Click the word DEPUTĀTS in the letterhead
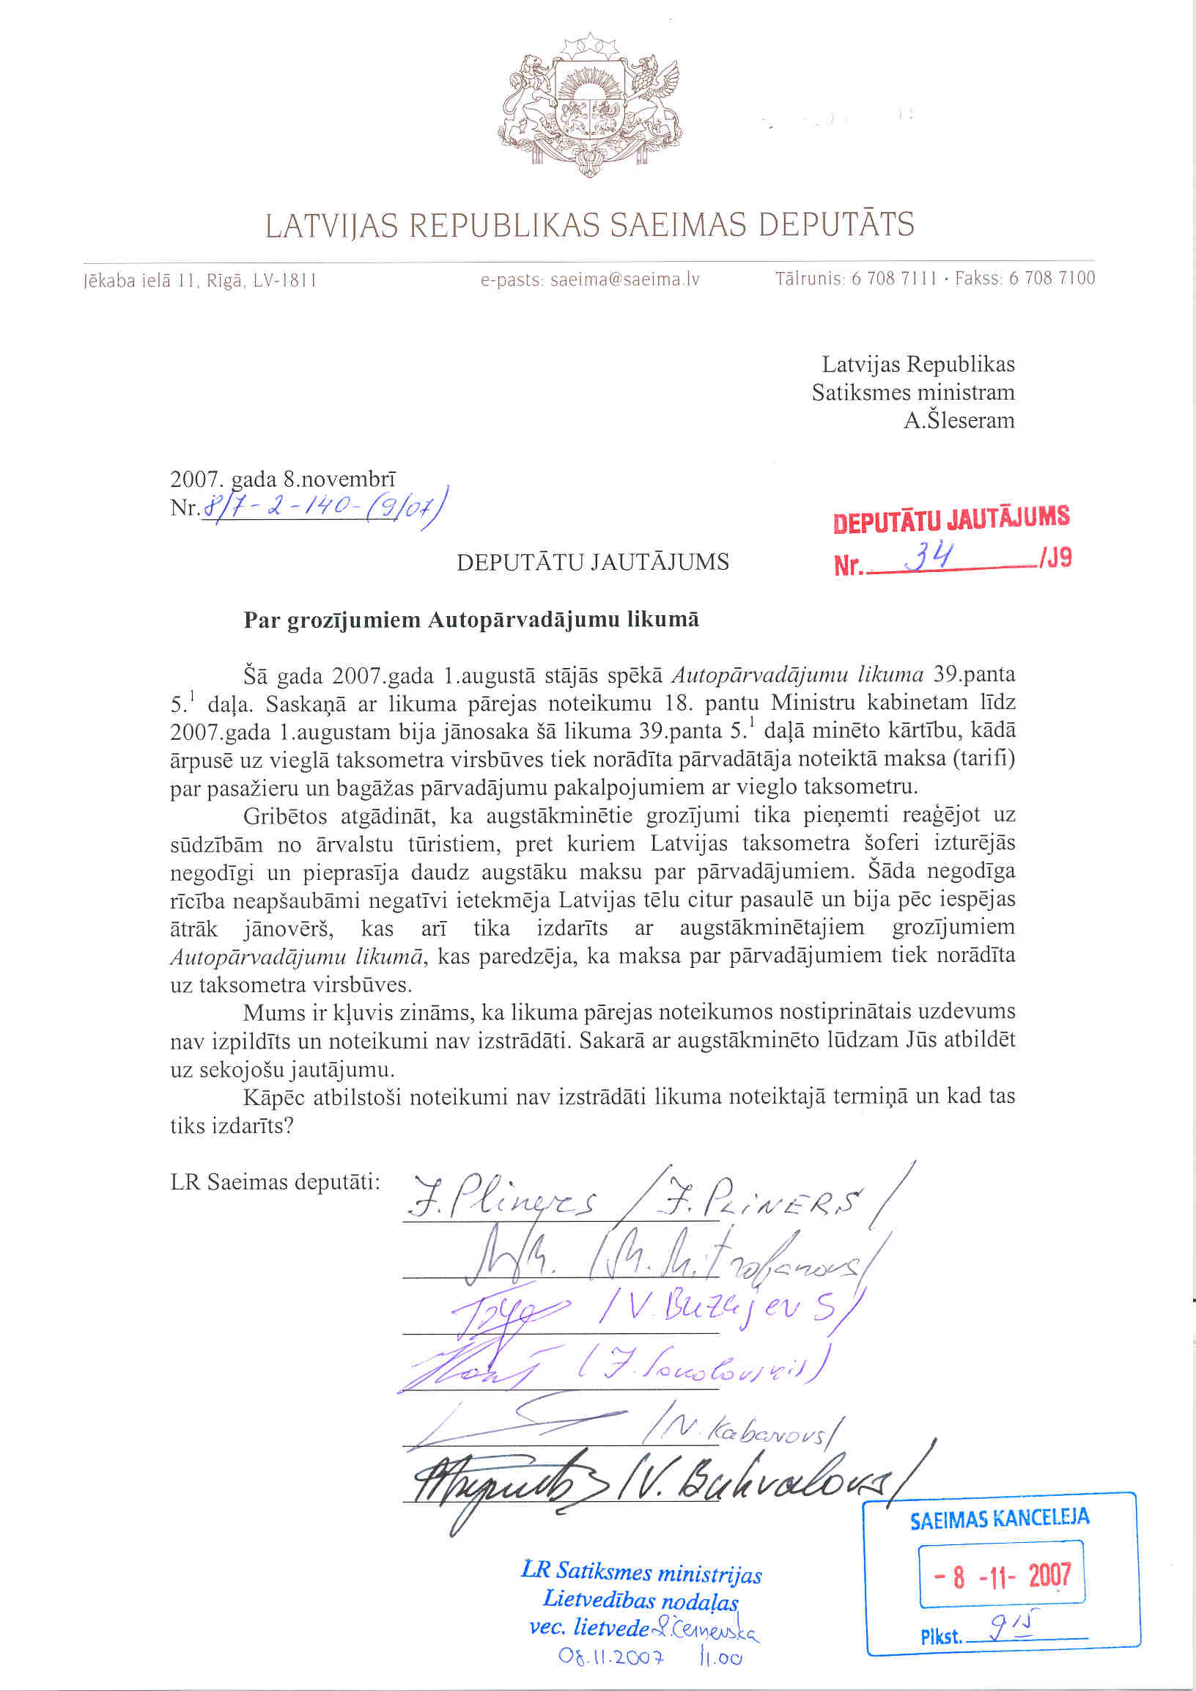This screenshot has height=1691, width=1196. click(x=837, y=224)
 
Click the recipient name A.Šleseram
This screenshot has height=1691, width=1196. click(x=959, y=421)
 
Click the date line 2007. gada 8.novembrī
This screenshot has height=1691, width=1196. click(x=283, y=480)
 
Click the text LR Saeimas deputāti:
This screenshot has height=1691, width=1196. click(x=275, y=1183)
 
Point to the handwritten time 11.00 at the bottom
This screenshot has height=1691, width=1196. click(x=721, y=1658)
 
